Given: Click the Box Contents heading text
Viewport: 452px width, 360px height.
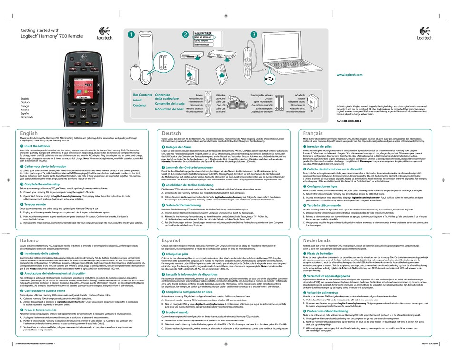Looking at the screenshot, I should tap(142, 95).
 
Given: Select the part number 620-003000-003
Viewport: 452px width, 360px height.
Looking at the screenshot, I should tap(355, 122).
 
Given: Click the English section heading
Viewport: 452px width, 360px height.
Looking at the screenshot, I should tap(29, 134).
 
